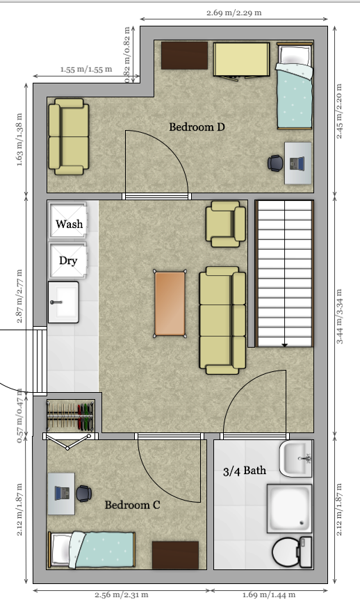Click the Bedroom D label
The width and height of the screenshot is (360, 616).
pyautogui.click(x=197, y=127)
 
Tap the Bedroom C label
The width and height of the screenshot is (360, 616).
pyautogui.click(x=132, y=505)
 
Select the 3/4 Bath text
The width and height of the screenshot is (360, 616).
pyautogui.click(x=244, y=471)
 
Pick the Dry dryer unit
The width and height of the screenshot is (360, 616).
pyautogui.click(x=68, y=260)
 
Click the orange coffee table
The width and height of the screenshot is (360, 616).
pyautogui.click(x=170, y=303)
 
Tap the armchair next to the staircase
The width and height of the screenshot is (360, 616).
pyautogui.click(x=226, y=223)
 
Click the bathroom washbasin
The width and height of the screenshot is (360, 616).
pyautogui.click(x=298, y=458)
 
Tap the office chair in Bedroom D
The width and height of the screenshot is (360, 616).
pyautogui.click(x=276, y=163)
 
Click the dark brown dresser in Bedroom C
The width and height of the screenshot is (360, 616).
pyautogui.click(x=175, y=555)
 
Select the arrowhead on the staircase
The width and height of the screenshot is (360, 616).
pyautogui.click(x=284, y=344)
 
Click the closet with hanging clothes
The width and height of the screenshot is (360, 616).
pyautogui.click(x=69, y=416)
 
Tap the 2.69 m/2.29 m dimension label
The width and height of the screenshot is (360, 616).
pyautogui.click(x=234, y=13)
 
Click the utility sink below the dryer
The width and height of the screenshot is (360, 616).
pyautogui.click(x=63, y=302)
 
